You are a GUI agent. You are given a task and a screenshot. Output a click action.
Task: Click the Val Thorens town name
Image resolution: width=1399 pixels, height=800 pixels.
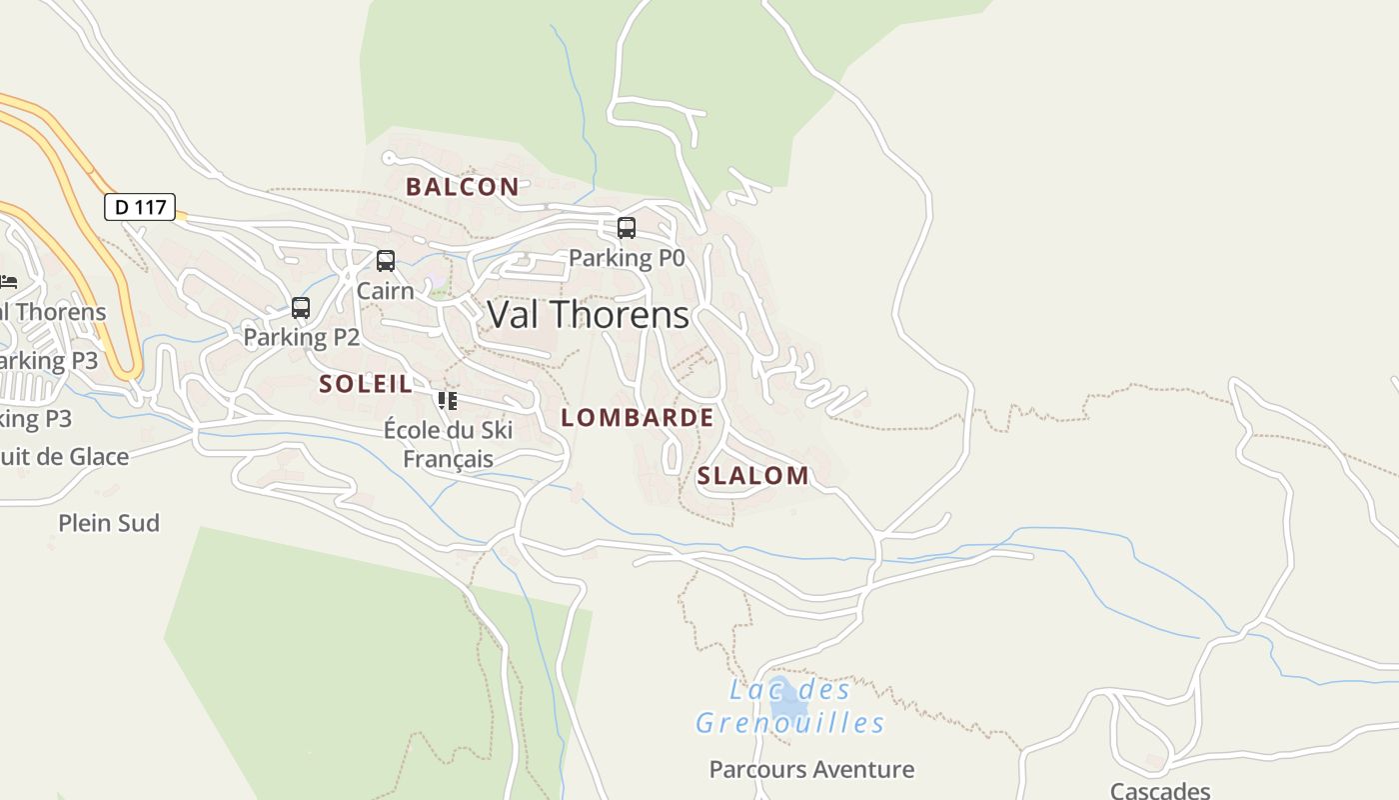[588, 315]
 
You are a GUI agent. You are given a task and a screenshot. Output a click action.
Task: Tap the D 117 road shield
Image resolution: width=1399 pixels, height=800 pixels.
[140, 207]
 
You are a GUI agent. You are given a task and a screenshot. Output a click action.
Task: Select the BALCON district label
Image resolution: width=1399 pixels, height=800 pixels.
[462, 186]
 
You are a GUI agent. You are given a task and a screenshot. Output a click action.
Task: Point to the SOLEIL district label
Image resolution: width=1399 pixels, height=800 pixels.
[365, 383]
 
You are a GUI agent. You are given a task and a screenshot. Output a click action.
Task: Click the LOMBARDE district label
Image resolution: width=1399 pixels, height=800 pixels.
[638, 418]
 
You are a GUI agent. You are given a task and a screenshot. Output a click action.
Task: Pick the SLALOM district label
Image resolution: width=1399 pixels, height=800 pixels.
[752, 476]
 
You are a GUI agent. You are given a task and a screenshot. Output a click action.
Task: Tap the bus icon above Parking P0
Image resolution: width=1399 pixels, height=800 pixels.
[627, 228]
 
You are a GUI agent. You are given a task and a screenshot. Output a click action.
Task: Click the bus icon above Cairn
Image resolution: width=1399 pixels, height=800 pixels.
[386, 261]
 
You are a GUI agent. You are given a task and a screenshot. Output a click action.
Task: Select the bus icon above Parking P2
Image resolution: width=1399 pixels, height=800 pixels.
[301, 308]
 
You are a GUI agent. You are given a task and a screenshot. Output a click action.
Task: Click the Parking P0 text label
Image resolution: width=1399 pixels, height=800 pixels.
[627, 258]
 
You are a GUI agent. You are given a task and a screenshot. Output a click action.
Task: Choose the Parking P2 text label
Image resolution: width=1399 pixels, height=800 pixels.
[301, 337]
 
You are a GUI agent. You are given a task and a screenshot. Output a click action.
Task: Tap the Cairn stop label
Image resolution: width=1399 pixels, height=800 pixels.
[385, 291]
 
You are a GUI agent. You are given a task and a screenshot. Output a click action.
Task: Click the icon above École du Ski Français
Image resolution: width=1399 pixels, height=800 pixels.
[447, 401]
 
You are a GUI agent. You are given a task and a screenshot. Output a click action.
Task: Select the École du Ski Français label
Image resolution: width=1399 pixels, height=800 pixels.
[448, 444]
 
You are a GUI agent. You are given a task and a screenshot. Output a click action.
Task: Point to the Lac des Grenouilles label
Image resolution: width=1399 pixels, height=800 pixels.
[789, 706]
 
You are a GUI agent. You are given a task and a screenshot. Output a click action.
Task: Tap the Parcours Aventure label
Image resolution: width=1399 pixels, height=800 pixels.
[811, 769]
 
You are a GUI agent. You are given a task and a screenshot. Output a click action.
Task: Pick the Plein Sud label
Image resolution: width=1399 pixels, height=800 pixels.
[109, 523]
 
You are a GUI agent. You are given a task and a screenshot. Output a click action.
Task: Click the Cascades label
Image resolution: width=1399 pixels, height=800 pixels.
[1160, 790]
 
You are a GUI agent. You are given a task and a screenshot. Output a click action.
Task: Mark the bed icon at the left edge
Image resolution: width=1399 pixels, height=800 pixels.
[8, 282]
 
